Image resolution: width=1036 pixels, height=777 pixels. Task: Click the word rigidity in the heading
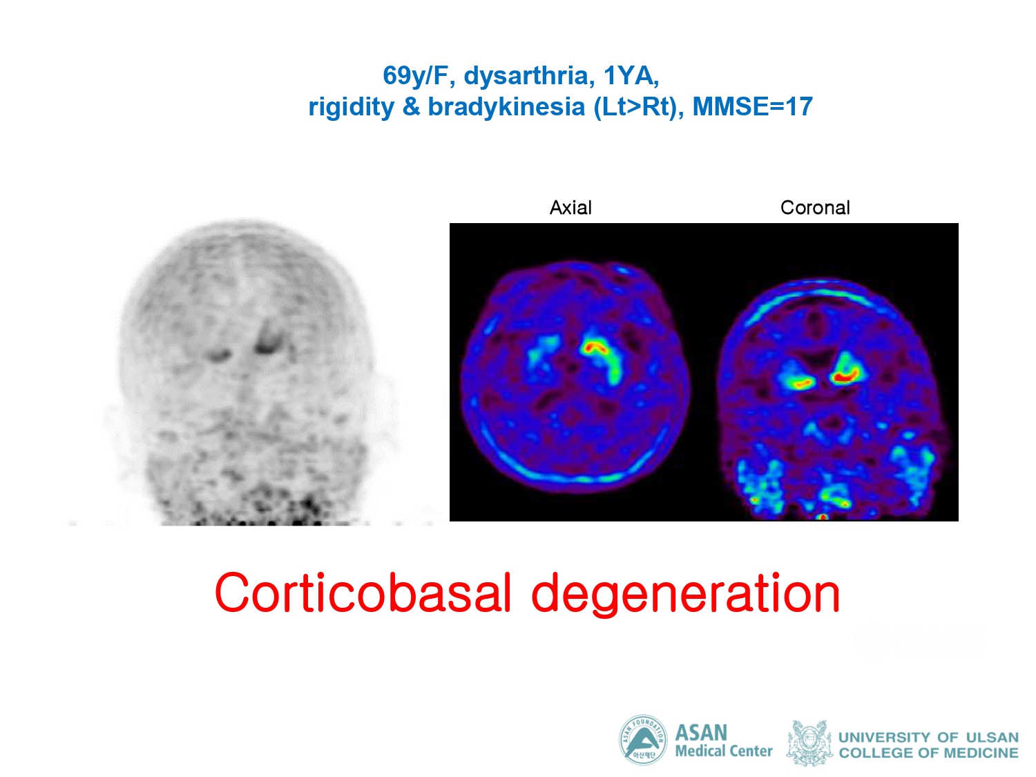point(351,107)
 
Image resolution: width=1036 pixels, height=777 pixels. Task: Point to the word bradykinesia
point(506,106)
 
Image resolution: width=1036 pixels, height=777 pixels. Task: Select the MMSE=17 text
point(752,106)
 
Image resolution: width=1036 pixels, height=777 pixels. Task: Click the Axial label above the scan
point(570,208)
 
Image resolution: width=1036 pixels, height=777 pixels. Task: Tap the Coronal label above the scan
point(814,208)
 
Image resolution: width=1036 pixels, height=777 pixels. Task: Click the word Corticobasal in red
point(363,593)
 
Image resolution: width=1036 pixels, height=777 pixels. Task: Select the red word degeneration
point(685,595)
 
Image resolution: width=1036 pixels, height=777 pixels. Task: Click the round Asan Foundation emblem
point(643,739)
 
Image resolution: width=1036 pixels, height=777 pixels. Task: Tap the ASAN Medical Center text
point(724,740)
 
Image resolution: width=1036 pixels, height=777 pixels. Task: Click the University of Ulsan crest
point(809,742)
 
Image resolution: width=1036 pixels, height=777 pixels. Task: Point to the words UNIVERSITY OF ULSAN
point(928,736)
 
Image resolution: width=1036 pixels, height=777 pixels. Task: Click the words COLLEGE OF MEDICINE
point(928,752)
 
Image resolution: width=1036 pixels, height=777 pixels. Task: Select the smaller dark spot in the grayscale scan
point(218,355)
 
